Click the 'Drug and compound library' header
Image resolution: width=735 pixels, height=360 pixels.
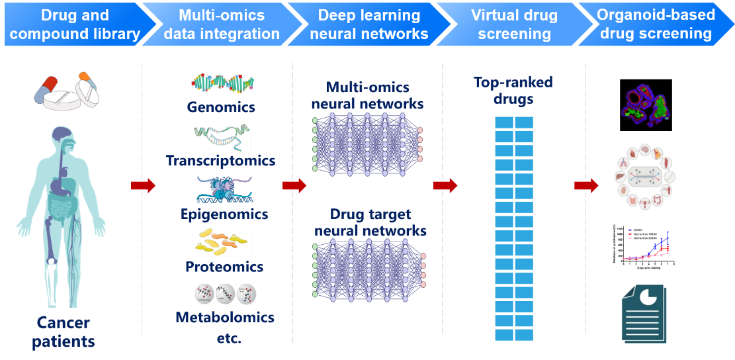pos(75,24)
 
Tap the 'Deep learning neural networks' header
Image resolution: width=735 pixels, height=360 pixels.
pos(368,24)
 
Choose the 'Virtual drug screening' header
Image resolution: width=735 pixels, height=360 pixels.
pos(515,24)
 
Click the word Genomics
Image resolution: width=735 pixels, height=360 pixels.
pos(221,107)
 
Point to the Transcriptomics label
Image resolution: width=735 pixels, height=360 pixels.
pos(220,161)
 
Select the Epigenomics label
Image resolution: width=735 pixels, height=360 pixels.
pos(224,214)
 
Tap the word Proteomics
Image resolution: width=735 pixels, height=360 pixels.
pos(224,267)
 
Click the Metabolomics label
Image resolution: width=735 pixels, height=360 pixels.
pos(224,318)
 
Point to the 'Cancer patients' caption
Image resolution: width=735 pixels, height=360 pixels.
pos(64,332)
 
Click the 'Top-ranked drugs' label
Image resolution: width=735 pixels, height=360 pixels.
pos(513,91)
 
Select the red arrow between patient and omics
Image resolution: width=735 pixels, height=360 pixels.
pos(143,186)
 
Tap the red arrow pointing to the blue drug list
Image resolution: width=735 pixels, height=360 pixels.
pos(445,186)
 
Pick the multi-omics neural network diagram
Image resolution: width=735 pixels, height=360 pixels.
pos(368,144)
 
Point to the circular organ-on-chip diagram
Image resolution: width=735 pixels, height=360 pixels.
pos(646,176)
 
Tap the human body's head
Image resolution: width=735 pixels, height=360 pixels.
pos(63,138)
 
